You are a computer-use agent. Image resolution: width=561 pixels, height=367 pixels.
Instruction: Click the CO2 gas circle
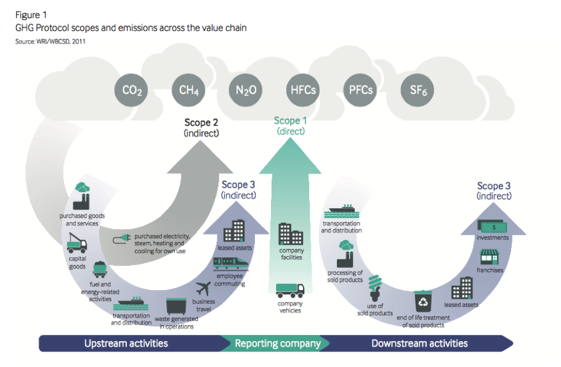(x=131, y=90)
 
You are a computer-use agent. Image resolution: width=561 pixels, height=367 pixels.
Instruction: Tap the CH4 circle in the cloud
(x=188, y=90)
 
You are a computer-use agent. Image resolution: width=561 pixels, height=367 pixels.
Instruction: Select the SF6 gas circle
(x=418, y=90)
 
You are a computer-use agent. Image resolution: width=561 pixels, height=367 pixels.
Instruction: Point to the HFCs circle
(x=303, y=90)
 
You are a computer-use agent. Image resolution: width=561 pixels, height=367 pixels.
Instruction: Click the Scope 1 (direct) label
(x=290, y=126)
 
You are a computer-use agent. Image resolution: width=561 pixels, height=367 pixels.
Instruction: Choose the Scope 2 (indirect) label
(x=201, y=127)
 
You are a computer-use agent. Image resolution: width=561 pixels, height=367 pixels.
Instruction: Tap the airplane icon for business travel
(x=203, y=288)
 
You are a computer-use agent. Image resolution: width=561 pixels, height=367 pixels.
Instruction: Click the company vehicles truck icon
(x=290, y=291)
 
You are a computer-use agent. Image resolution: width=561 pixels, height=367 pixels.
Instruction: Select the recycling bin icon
(x=423, y=302)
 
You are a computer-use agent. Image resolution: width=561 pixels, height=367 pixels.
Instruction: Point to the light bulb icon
(x=375, y=288)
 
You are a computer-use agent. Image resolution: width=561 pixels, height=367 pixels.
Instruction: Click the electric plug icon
(x=122, y=239)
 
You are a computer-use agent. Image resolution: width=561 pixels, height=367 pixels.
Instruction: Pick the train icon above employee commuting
(x=231, y=264)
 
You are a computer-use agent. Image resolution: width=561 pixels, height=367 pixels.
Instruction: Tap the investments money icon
(x=492, y=226)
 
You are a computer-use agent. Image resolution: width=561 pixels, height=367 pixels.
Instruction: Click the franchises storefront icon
(x=490, y=257)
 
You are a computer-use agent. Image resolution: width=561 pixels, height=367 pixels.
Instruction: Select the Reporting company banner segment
(x=278, y=344)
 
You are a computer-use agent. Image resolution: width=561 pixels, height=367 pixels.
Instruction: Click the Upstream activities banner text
(x=126, y=344)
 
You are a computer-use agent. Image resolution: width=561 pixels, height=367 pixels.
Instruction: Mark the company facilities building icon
(x=291, y=234)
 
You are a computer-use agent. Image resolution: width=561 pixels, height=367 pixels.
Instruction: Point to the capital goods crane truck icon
(x=76, y=243)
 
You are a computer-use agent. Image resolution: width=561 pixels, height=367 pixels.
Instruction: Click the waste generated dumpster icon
(x=176, y=307)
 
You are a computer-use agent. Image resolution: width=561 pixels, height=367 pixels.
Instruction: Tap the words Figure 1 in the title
(x=31, y=15)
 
